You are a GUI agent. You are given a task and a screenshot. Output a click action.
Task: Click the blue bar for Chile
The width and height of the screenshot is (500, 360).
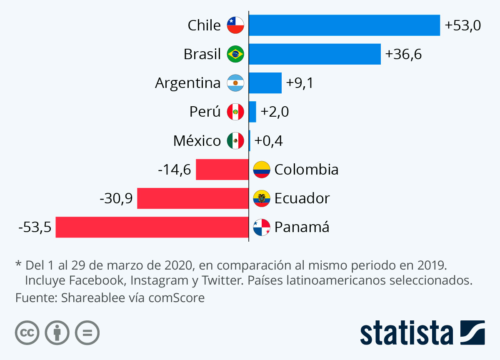pyautogui.click(x=344, y=25)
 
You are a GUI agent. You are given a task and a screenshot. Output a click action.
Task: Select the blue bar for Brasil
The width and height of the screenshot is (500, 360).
pyautogui.click(x=315, y=54)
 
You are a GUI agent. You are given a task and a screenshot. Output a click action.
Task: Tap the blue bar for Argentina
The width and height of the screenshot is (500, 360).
pyautogui.click(x=265, y=83)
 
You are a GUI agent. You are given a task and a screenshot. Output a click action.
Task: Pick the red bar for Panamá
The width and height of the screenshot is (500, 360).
pyautogui.click(x=152, y=227)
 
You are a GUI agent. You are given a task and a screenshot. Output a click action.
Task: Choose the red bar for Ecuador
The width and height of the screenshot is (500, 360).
pyautogui.click(x=192, y=198)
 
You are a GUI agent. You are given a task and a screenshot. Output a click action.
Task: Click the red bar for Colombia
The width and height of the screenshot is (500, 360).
pyautogui.click(x=222, y=170)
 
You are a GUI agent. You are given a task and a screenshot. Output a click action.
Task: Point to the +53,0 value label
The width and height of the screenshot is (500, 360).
pyautogui.click(x=463, y=25)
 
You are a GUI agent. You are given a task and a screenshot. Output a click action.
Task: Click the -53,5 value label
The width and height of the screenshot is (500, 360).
pyautogui.click(x=35, y=227)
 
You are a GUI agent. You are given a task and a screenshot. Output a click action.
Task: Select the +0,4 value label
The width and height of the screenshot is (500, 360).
pyautogui.click(x=269, y=141)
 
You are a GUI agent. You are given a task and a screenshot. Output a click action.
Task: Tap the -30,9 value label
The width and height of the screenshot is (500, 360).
pyautogui.click(x=116, y=199)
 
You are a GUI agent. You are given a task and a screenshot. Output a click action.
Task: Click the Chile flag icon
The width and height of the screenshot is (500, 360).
pyautogui.click(x=235, y=25)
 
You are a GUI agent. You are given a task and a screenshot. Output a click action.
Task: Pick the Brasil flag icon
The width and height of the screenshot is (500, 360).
pyautogui.click(x=235, y=54)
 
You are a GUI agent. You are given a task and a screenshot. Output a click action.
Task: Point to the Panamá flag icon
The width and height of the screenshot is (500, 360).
pyautogui.click(x=262, y=227)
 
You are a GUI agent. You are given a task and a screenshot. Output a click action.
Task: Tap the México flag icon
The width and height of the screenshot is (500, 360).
pyautogui.click(x=235, y=141)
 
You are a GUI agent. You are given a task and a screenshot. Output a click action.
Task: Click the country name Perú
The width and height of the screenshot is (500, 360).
pyautogui.click(x=205, y=112)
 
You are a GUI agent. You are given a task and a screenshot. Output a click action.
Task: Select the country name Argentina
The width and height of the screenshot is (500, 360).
pyautogui.click(x=187, y=83)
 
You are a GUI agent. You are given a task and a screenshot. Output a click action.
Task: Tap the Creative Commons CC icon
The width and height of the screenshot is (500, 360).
pyautogui.click(x=27, y=333)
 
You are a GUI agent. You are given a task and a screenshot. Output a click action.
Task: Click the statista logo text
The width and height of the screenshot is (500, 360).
pyautogui.click(x=407, y=333)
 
